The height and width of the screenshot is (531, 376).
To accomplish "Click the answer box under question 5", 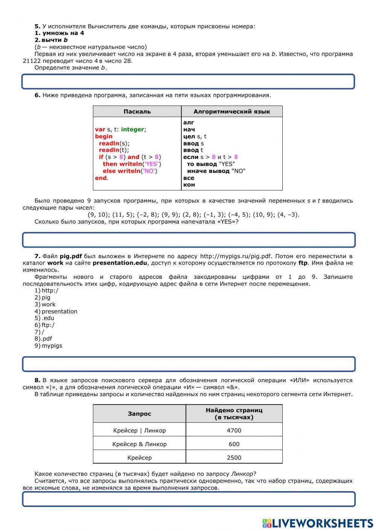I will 188,82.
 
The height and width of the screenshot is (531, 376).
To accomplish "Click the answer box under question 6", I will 188,240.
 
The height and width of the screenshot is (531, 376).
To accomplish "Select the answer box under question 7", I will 188,364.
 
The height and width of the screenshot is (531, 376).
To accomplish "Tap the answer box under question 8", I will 188,499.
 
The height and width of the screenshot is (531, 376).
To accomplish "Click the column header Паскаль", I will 137,112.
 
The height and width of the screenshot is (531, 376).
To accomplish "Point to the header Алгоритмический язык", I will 232,112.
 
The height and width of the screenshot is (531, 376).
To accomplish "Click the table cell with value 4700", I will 234,430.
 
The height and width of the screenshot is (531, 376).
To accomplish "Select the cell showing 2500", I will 234,457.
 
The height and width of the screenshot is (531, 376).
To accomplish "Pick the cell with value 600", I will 234,444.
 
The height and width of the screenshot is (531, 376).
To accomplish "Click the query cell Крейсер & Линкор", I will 139,444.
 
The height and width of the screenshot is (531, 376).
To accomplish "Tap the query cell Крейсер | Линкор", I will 139,430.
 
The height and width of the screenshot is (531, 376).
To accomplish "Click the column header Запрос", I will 139,414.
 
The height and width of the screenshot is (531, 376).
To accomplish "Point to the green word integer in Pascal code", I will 132,129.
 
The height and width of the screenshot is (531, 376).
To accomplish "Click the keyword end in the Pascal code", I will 101,178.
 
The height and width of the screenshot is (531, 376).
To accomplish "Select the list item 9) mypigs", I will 49,346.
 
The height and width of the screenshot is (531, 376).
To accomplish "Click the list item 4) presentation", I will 56,311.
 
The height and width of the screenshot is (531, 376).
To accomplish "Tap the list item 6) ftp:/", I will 45,325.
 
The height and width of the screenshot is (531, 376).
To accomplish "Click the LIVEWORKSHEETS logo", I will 318,523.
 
